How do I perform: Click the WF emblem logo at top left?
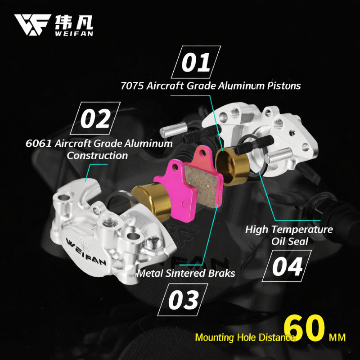point(32,25)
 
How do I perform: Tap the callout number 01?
point(196,62)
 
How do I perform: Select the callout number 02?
point(95,118)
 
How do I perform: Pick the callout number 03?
point(183,300)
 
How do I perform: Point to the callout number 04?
point(287,266)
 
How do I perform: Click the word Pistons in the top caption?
point(283,86)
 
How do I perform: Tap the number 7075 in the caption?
point(132,86)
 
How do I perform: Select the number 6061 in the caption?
point(38,144)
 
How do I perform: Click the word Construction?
point(97,155)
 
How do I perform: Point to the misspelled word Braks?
point(221,273)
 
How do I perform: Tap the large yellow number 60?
point(305,328)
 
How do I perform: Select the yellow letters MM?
point(337,338)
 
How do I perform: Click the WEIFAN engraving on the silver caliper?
point(86,252)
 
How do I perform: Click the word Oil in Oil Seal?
point(277,242)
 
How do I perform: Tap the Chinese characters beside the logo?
point(74,22)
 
